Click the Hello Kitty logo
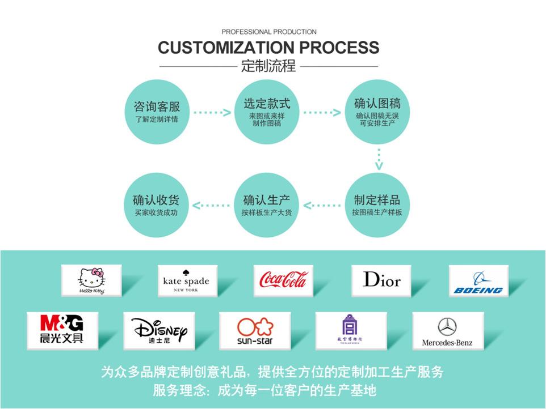pos(92,280)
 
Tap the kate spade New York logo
pos(186,280)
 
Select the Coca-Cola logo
pos(283,280)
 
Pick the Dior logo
pos(381,280)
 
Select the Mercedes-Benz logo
pos(447,331)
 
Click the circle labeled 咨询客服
pos(157,112)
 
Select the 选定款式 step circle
pos(267,112)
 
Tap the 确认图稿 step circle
pos(377,112)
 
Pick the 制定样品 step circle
pos(377,205)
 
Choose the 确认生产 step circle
pos(267,205)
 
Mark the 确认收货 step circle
pos(157,205)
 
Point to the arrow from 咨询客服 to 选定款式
pos(212,112)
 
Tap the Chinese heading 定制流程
pos(268,66)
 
